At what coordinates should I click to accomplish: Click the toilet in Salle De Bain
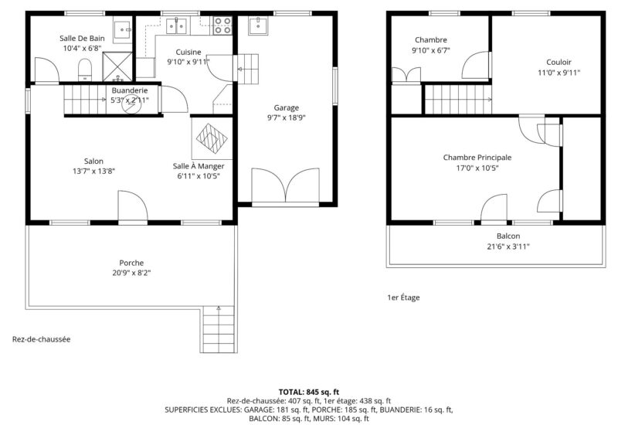tap(85, 70)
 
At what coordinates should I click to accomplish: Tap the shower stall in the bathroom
tap(117, 66)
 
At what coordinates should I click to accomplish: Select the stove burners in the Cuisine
tap(222, 25)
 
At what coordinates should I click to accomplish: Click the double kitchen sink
tap(176, 25)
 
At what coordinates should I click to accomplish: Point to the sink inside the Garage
tap(258, 25)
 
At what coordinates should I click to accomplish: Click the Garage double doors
tap(285, 185)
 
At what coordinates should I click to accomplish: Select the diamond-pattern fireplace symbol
tap(212, 138)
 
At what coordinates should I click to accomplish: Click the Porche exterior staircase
tap(219, 329)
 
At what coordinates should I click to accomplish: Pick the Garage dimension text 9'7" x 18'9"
tap(287, 117)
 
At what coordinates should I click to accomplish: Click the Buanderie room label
tap(130, 90)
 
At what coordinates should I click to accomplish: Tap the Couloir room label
tap(559, 63)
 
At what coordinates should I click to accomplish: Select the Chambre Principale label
tap(477, 158)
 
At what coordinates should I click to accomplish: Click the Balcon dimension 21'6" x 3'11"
tap(508, 246)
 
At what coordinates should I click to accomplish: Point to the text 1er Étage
tap(403, 297)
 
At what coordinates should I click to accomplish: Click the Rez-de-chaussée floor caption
tap(42, 339)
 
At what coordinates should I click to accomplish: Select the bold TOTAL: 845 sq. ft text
tap(309, 392)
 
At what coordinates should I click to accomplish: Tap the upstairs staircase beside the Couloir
tap(458, 100)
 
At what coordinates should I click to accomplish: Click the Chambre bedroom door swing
tap(476, 65)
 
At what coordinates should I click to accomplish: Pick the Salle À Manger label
tap(199, 166)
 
